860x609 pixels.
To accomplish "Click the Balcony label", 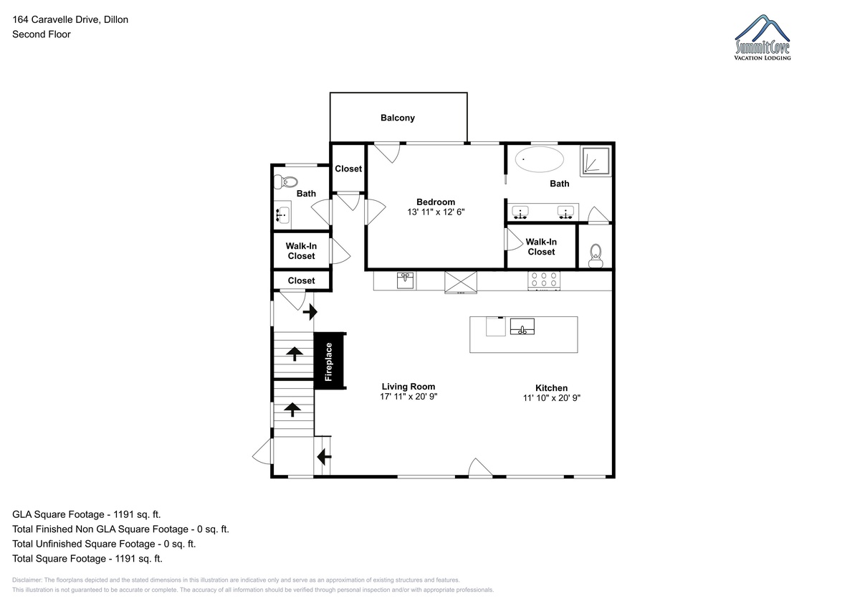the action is pyautogui.click(x=397, y=118).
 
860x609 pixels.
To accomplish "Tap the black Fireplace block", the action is pyautogui.click(x=329, y=362).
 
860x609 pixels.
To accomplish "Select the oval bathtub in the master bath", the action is pyautogui.click(x=539, y=159).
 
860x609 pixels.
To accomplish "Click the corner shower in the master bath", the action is pyautogui.click(x=596, y=161).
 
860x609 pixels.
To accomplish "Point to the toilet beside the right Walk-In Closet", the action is pyautogui.click(x=596, y=255).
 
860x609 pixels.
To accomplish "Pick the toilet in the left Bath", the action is pyautogui.click(x=286, y=181).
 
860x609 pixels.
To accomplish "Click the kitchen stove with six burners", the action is pyautogui.click(x=544, y=280).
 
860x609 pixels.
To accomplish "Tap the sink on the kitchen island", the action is pyautogui.click(x=522, y=326).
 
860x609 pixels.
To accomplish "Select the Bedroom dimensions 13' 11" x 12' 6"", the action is pyautogui.click(x=436, y=212).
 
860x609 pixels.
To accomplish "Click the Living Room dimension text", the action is pyautogui.click(x=408, y=397).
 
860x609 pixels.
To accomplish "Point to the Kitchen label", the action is pyautogui.click(x=551, y=388).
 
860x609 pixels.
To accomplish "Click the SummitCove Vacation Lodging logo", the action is pyautogui.click(x=762, y=37).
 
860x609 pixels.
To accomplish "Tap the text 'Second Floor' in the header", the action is pyautogui.click(x=42, y=34).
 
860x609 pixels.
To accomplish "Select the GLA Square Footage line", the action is pyautogui.click(x=87, y=514).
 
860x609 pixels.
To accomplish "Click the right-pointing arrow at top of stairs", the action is pyautogui.click(x=310, y=312).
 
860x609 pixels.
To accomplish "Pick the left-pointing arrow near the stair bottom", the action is pyautogui.click(x=324, y=457).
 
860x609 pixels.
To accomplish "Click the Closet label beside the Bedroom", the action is pyautogui.click(x=348, y=169).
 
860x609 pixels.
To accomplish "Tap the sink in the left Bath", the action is pyautogui.click(x=282, y=214).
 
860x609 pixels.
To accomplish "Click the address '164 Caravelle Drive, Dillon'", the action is pyautogui.click(x=70, y=19).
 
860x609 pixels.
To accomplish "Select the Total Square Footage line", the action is pyautogui.click(x=87, y=559).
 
